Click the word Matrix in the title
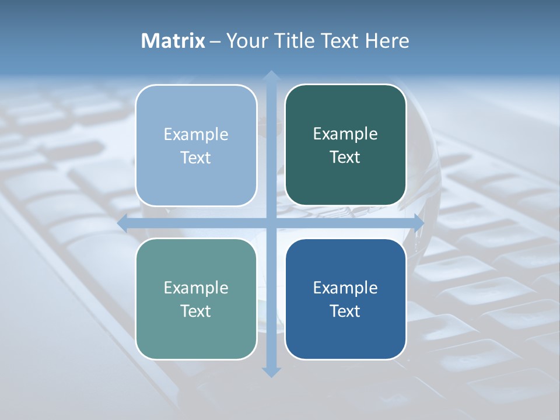click(173, 41)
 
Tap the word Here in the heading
click(387, 41)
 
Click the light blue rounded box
click(196, 145)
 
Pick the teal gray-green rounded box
click(196, 299)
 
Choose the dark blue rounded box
click(345, 299)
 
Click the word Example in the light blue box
click(196, 134)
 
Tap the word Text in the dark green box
click(345, 157)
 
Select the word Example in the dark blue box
click(345, 288)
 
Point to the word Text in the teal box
click(196, 311)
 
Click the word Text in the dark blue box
click(345, 311)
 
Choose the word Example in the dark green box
click(345, 134)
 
